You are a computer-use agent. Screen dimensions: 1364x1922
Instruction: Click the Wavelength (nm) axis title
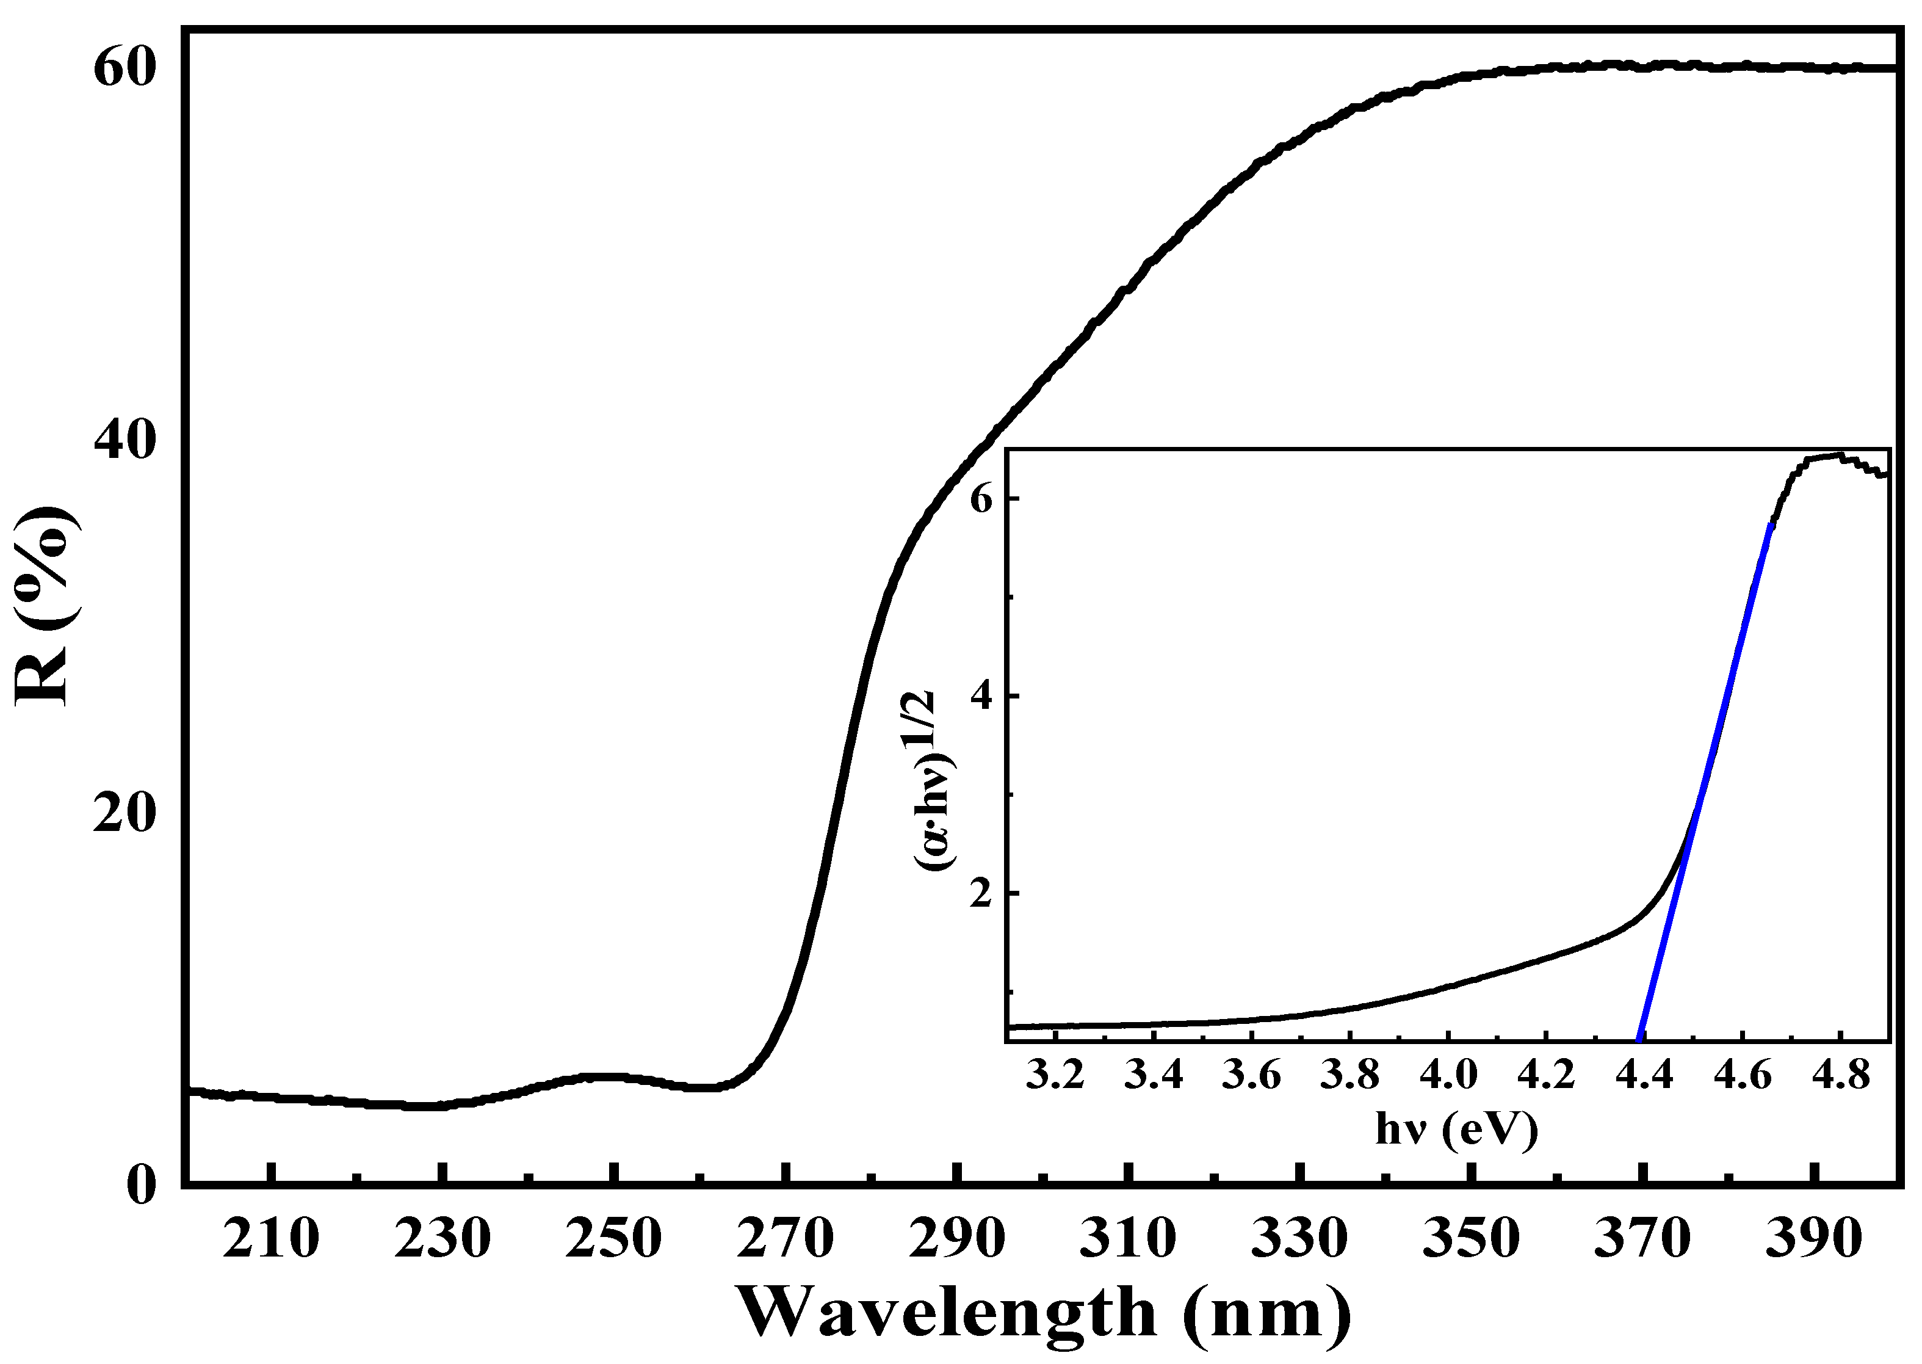1044,1313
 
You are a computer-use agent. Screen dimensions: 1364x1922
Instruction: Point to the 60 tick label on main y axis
125,68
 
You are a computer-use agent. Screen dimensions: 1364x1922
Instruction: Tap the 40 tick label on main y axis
125,440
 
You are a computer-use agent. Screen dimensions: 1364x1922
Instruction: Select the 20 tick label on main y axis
125,813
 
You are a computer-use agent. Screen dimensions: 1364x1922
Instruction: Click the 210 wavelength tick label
270,1239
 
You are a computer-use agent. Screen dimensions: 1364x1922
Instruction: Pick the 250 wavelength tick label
614,1239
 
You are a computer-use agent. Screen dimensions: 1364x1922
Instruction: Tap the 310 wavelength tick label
1128,1239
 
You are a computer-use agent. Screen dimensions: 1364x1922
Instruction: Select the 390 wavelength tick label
1814,1239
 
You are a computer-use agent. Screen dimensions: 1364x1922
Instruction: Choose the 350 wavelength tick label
1471,1239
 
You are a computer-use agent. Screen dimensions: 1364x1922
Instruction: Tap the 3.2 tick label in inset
1055,1075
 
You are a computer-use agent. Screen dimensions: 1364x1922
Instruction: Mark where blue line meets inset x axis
1639,1040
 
